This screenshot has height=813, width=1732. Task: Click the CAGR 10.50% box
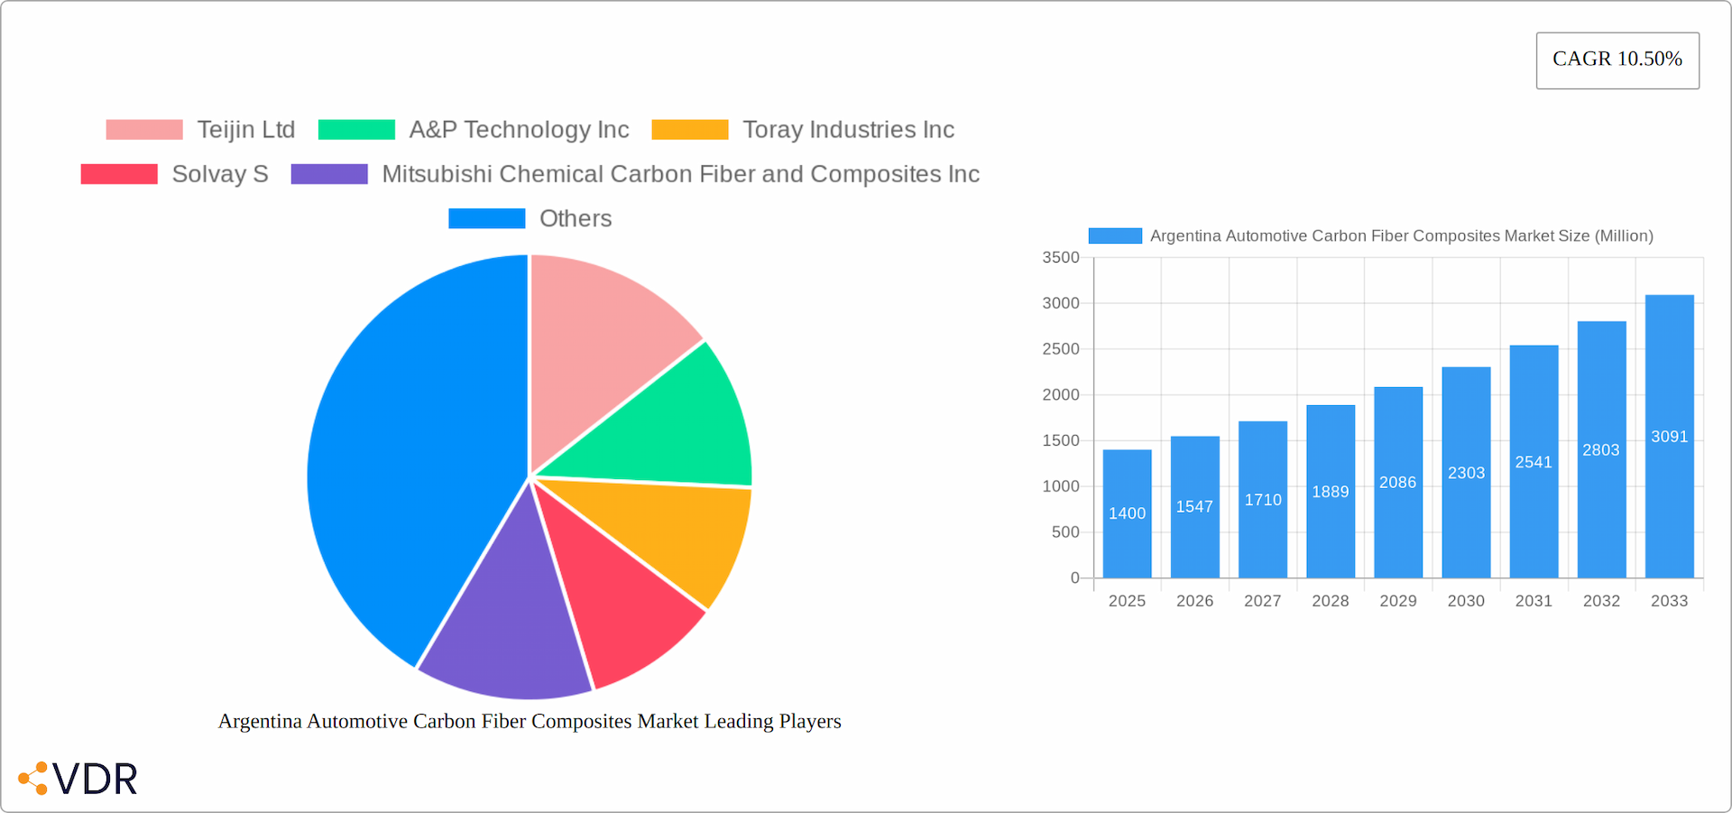(1617, 60)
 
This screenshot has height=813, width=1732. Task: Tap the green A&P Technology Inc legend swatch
(356, 130)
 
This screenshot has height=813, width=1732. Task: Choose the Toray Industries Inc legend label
(848, 130)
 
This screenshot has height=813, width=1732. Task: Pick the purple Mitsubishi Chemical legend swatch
(329, 174)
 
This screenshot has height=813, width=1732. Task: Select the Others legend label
(576, 218)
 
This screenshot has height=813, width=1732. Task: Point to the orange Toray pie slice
(668, 532)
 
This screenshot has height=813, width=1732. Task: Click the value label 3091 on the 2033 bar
(1669, 437)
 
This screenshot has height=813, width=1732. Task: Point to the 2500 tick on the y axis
(1061, 349)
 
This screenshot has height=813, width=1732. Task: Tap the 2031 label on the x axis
(1534, 601)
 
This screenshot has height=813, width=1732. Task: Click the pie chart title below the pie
(530, 721)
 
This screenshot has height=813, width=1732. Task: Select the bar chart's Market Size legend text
(1401, 236)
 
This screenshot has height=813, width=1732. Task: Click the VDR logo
(79, 779)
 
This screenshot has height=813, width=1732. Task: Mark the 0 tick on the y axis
(1074, 577)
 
